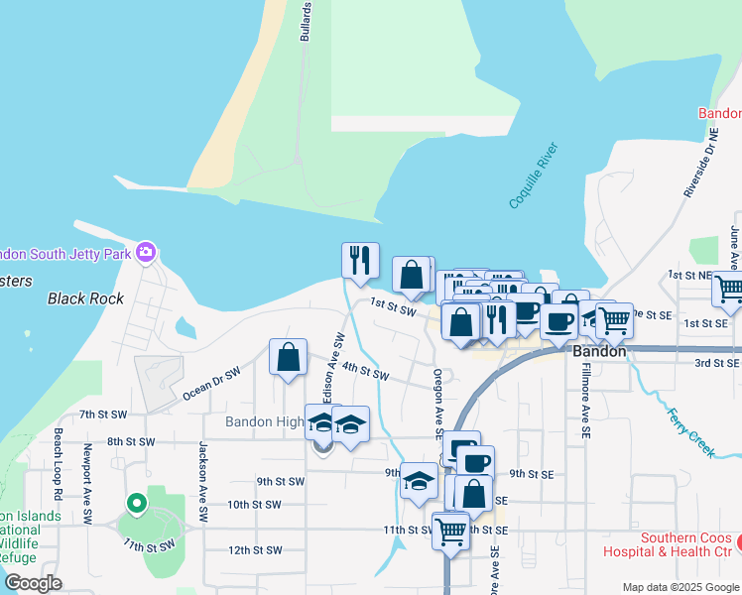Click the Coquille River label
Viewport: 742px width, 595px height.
pos(535,176)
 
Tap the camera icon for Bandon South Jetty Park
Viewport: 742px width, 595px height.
pos(146,252)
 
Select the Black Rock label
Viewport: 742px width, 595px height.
pos(85,298)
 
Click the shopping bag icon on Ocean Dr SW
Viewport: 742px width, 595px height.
pos(288,357)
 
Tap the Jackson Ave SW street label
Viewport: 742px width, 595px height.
pos(202,482)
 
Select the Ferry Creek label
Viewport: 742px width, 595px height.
pos(691,432)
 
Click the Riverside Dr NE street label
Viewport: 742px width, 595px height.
pos(699,160)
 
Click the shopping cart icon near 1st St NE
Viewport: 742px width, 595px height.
pos(729,289)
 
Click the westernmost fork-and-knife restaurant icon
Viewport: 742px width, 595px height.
pos(360,259)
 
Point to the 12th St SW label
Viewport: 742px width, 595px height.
pos(255,549)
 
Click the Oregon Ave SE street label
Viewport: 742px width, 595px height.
pos(436,403)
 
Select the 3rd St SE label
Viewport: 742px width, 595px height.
pos(716,363)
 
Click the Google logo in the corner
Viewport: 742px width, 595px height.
pos(33,583)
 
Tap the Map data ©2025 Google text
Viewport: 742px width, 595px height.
pos(680,587)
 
